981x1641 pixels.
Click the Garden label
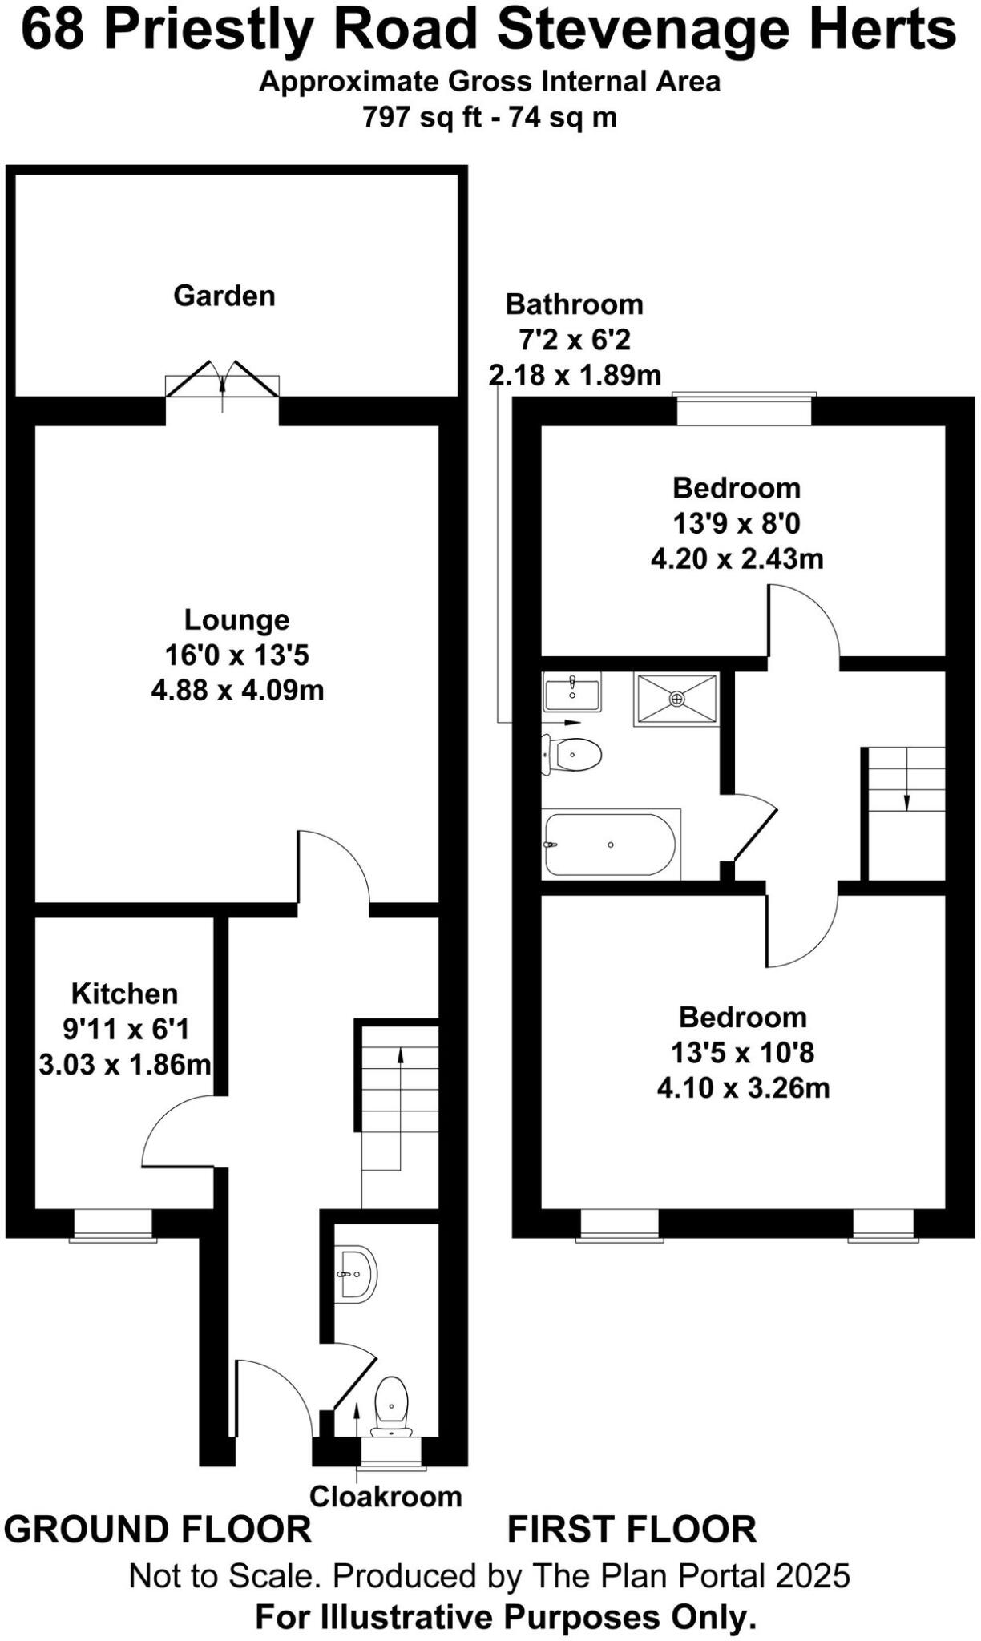(224, 296)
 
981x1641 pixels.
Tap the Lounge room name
(236, 619)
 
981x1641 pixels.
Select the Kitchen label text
(124, 994)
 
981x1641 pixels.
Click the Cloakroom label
(386, 1496)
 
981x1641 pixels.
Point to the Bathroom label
(574, 304)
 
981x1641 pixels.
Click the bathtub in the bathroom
(611, 845)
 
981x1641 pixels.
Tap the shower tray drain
(677, 700)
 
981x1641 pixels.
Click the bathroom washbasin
(571, 692)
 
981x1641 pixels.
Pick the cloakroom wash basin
(355, 1273)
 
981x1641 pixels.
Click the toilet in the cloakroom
(392, 1407)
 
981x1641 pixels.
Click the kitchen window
(113, 1225)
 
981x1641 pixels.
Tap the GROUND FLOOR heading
(158, 1530)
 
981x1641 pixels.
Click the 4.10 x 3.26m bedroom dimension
(743, 1087)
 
